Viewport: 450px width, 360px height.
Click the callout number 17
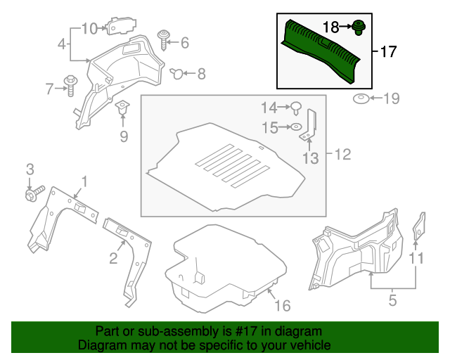click(388, 52)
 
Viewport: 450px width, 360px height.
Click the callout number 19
click(391, 98)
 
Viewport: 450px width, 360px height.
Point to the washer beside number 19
click(362, 98)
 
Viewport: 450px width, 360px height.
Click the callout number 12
click(342, 154)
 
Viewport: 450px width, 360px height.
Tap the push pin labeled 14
click(296, 108)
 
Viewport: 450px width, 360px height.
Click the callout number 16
click(282, 305)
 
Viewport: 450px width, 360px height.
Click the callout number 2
click(113, 259)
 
